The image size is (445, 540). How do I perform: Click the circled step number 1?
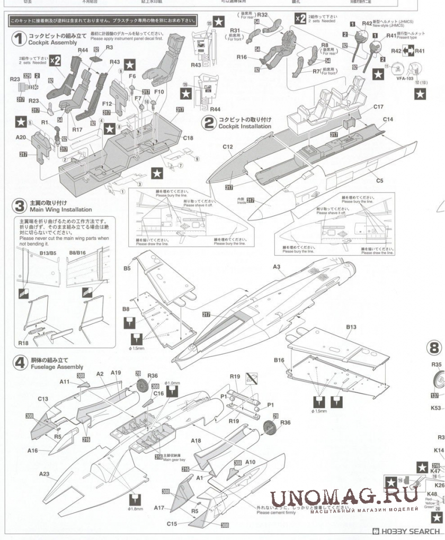(x=20, y=39)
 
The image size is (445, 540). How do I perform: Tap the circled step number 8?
(x=434, y=348)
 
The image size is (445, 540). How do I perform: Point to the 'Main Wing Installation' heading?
(x=56, y=210)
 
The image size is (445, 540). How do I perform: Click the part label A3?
(x=276, y=267)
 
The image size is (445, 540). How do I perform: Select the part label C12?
(x=228, y=147)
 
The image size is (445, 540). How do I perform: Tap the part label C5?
(x=379, y=181)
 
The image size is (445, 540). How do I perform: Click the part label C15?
(x=171, y=524)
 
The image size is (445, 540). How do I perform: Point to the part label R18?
(x=23, y=343)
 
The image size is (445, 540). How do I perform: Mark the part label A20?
(x=21, y=137)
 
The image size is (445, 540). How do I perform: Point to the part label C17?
(x=378, y=107)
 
